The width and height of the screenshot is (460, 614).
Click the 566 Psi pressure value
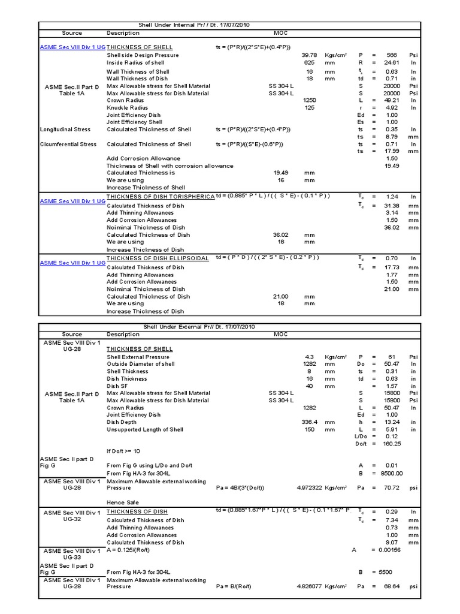pyautogui.click(x=391, y=55)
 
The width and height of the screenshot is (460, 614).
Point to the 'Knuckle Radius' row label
pyautogui.click(x=127, y=108)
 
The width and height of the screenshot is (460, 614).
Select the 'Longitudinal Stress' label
pyautogui.click(x=65, y=130)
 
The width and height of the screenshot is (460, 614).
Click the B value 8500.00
pyautogui.click(x=389, y=473)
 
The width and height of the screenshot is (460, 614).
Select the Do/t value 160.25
pyautogui.click(x=391, y=444)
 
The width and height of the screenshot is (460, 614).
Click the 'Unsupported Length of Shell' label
pyautogui.click(x=145, y=429)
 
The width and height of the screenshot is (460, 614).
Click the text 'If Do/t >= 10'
pyautogui.click(x=125, y=451)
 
